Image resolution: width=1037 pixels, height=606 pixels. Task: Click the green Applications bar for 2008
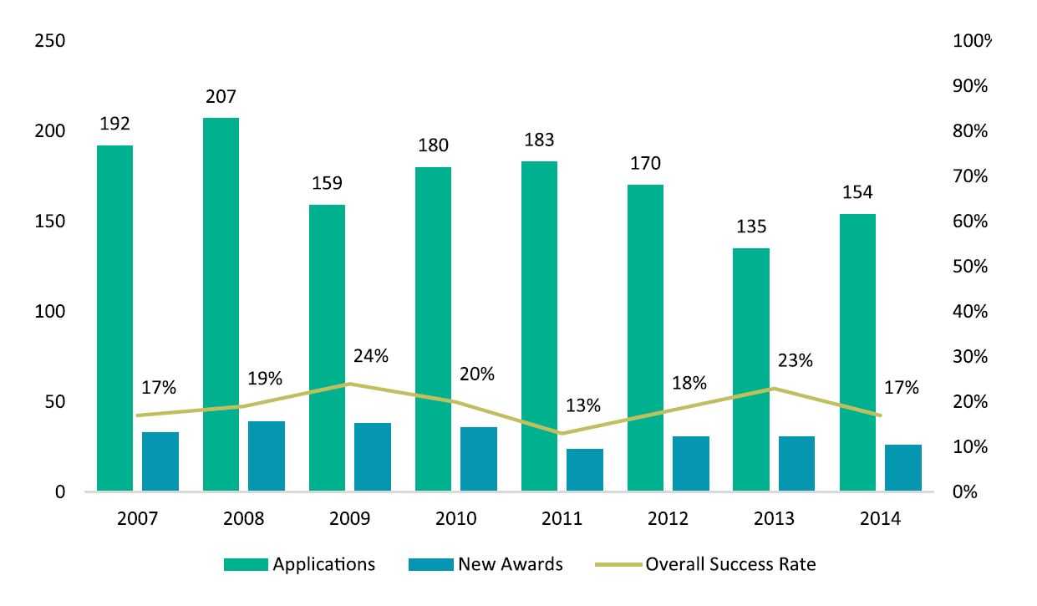point(221,304)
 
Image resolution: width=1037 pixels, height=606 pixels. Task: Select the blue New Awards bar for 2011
point(584,470)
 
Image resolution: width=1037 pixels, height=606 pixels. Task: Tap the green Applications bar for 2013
point(750,369)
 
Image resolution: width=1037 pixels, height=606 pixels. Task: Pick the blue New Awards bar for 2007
point(160,461)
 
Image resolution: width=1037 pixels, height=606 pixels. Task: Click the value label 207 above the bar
point(221,97)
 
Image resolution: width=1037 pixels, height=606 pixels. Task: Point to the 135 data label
point(750,227)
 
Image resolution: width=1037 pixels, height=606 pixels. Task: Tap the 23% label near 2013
point(795,361)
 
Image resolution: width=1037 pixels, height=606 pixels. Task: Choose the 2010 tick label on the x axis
point(455,519)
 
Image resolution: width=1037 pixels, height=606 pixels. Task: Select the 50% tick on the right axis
point(970,267)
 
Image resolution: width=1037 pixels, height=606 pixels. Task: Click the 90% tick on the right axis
point(970,87)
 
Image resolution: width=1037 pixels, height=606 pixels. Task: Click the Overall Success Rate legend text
point(729,564)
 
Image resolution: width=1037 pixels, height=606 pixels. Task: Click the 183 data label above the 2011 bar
point(539,140)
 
